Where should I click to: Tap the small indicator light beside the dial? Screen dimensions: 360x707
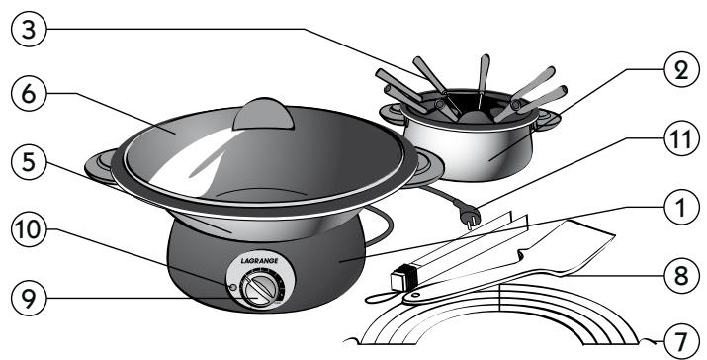(x=231, y=287)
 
